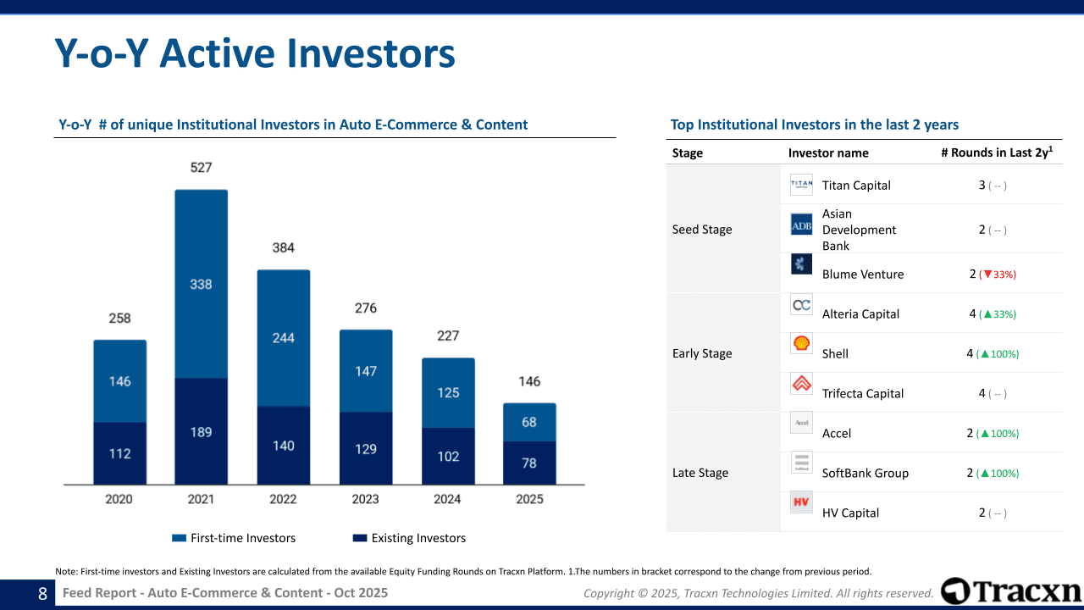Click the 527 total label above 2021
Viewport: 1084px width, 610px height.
[x=201, y=168]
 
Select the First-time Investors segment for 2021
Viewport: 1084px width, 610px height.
[x=201, y=284]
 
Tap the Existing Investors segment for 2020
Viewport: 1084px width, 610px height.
[x=119, y=453]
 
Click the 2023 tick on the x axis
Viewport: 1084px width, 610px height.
[x=365, y=499]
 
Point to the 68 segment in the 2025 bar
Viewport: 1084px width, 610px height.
[x=529, y=422]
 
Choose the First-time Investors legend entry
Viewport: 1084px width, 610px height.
[x=234, y=538]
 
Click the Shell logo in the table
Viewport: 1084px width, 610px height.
[x=801, y=344]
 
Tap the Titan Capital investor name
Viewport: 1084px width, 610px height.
[x=856, y=186]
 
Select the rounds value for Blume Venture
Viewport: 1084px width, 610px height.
[x=993, y=274]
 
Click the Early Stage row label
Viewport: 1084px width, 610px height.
[x=702, y=353]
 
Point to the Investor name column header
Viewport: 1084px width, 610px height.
[x=828, y=153]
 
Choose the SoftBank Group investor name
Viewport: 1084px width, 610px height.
[x=865, y=474]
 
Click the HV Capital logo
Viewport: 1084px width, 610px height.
[x=801, y=502]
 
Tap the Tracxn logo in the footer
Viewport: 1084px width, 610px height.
[x=1011, y=591]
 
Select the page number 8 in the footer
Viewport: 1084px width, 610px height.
[x=42, y=594]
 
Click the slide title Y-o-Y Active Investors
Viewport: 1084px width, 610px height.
[x=255, y=53]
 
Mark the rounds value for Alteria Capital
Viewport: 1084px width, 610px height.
[x=993, y=314]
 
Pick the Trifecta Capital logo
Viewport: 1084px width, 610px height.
[x=801, y=384]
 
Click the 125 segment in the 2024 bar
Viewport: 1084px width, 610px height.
[x=448, y=392]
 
